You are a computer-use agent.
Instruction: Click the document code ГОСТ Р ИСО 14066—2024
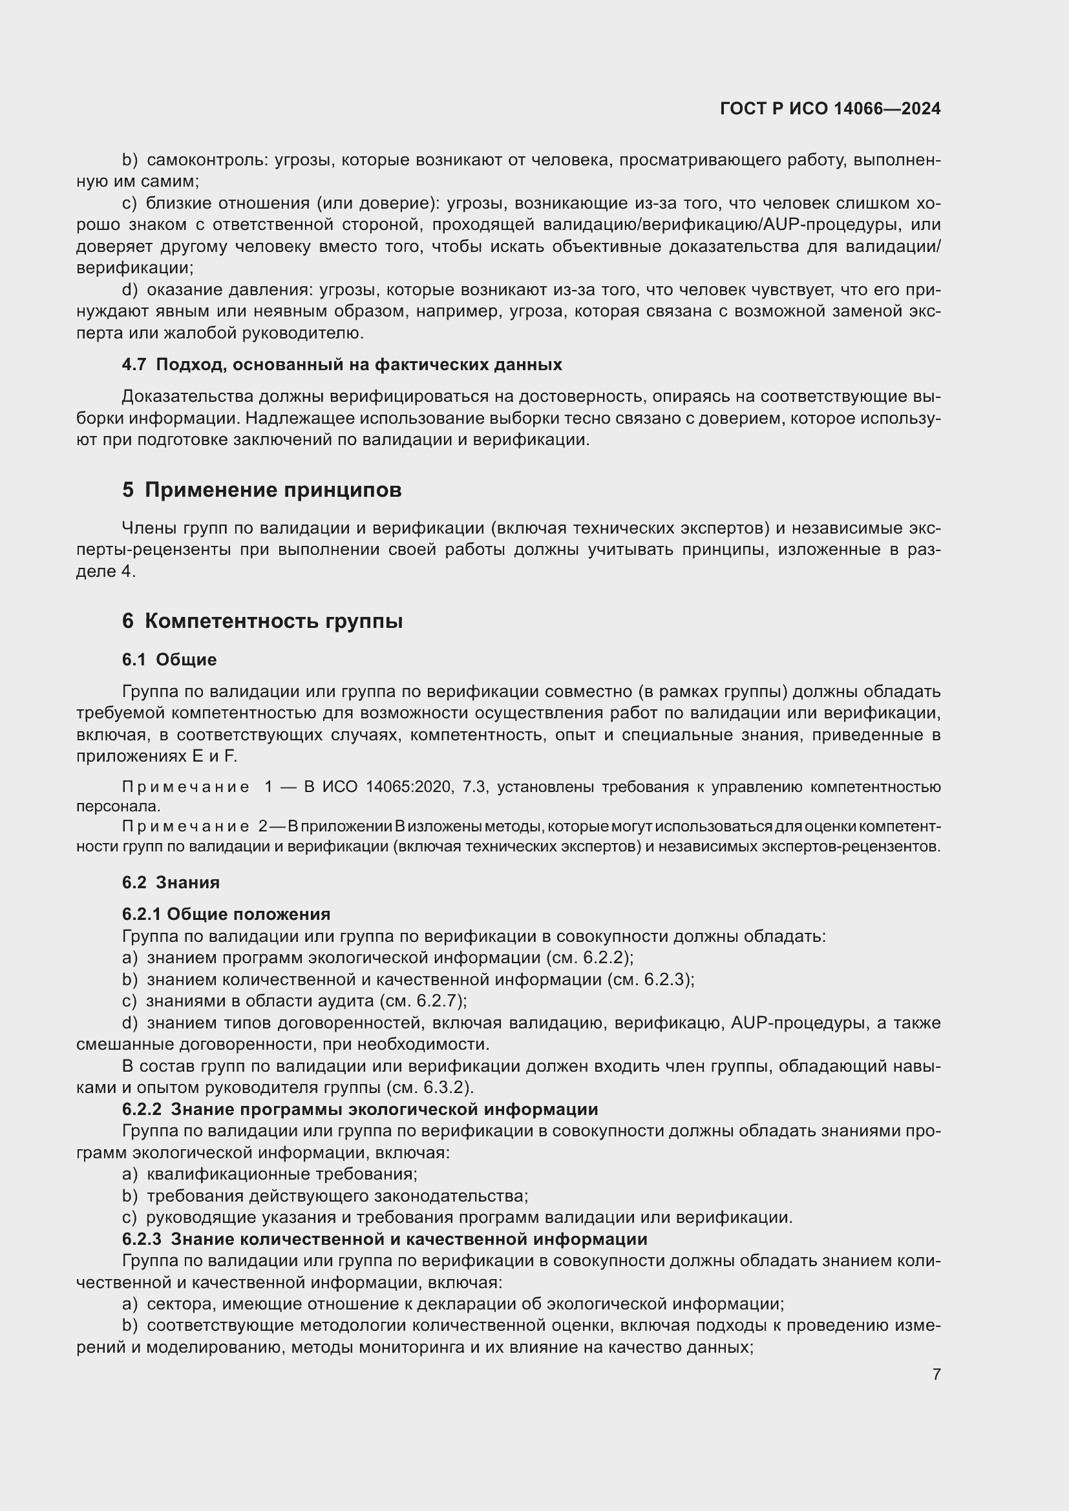[x=830, y=109]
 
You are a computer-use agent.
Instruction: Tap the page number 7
[x=936, y=1374]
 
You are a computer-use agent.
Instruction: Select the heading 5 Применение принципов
[x=261, y=490]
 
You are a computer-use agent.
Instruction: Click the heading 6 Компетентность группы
[x=262, y=621]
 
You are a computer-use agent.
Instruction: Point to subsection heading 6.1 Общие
[x=169, y=660]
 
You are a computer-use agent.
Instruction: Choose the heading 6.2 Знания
[x=171, y=882]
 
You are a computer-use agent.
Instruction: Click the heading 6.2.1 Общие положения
[x=226, y=914]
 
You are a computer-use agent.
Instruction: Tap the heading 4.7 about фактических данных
[x=342, y=364]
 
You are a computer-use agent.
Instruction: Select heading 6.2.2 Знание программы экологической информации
[x=359, y=1110]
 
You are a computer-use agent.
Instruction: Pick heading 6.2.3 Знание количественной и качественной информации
[x=385, y=1239]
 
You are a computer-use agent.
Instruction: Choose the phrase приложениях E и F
[x=156, y=756]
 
